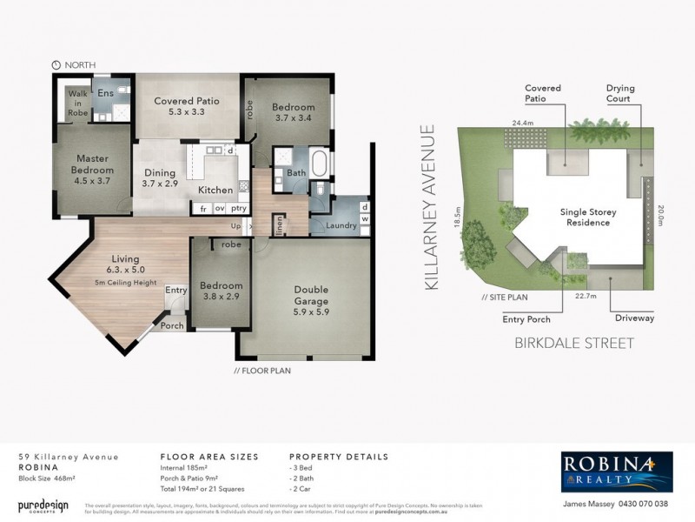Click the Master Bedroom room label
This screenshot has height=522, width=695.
pos(91,164)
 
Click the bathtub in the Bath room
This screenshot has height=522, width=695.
pos(319,163)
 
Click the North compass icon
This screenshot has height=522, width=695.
pos(56,64)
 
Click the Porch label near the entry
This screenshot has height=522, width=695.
pos(172,326)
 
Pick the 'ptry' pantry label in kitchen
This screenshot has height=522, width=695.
pos(240,209)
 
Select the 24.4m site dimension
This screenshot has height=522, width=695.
pos(522,124)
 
